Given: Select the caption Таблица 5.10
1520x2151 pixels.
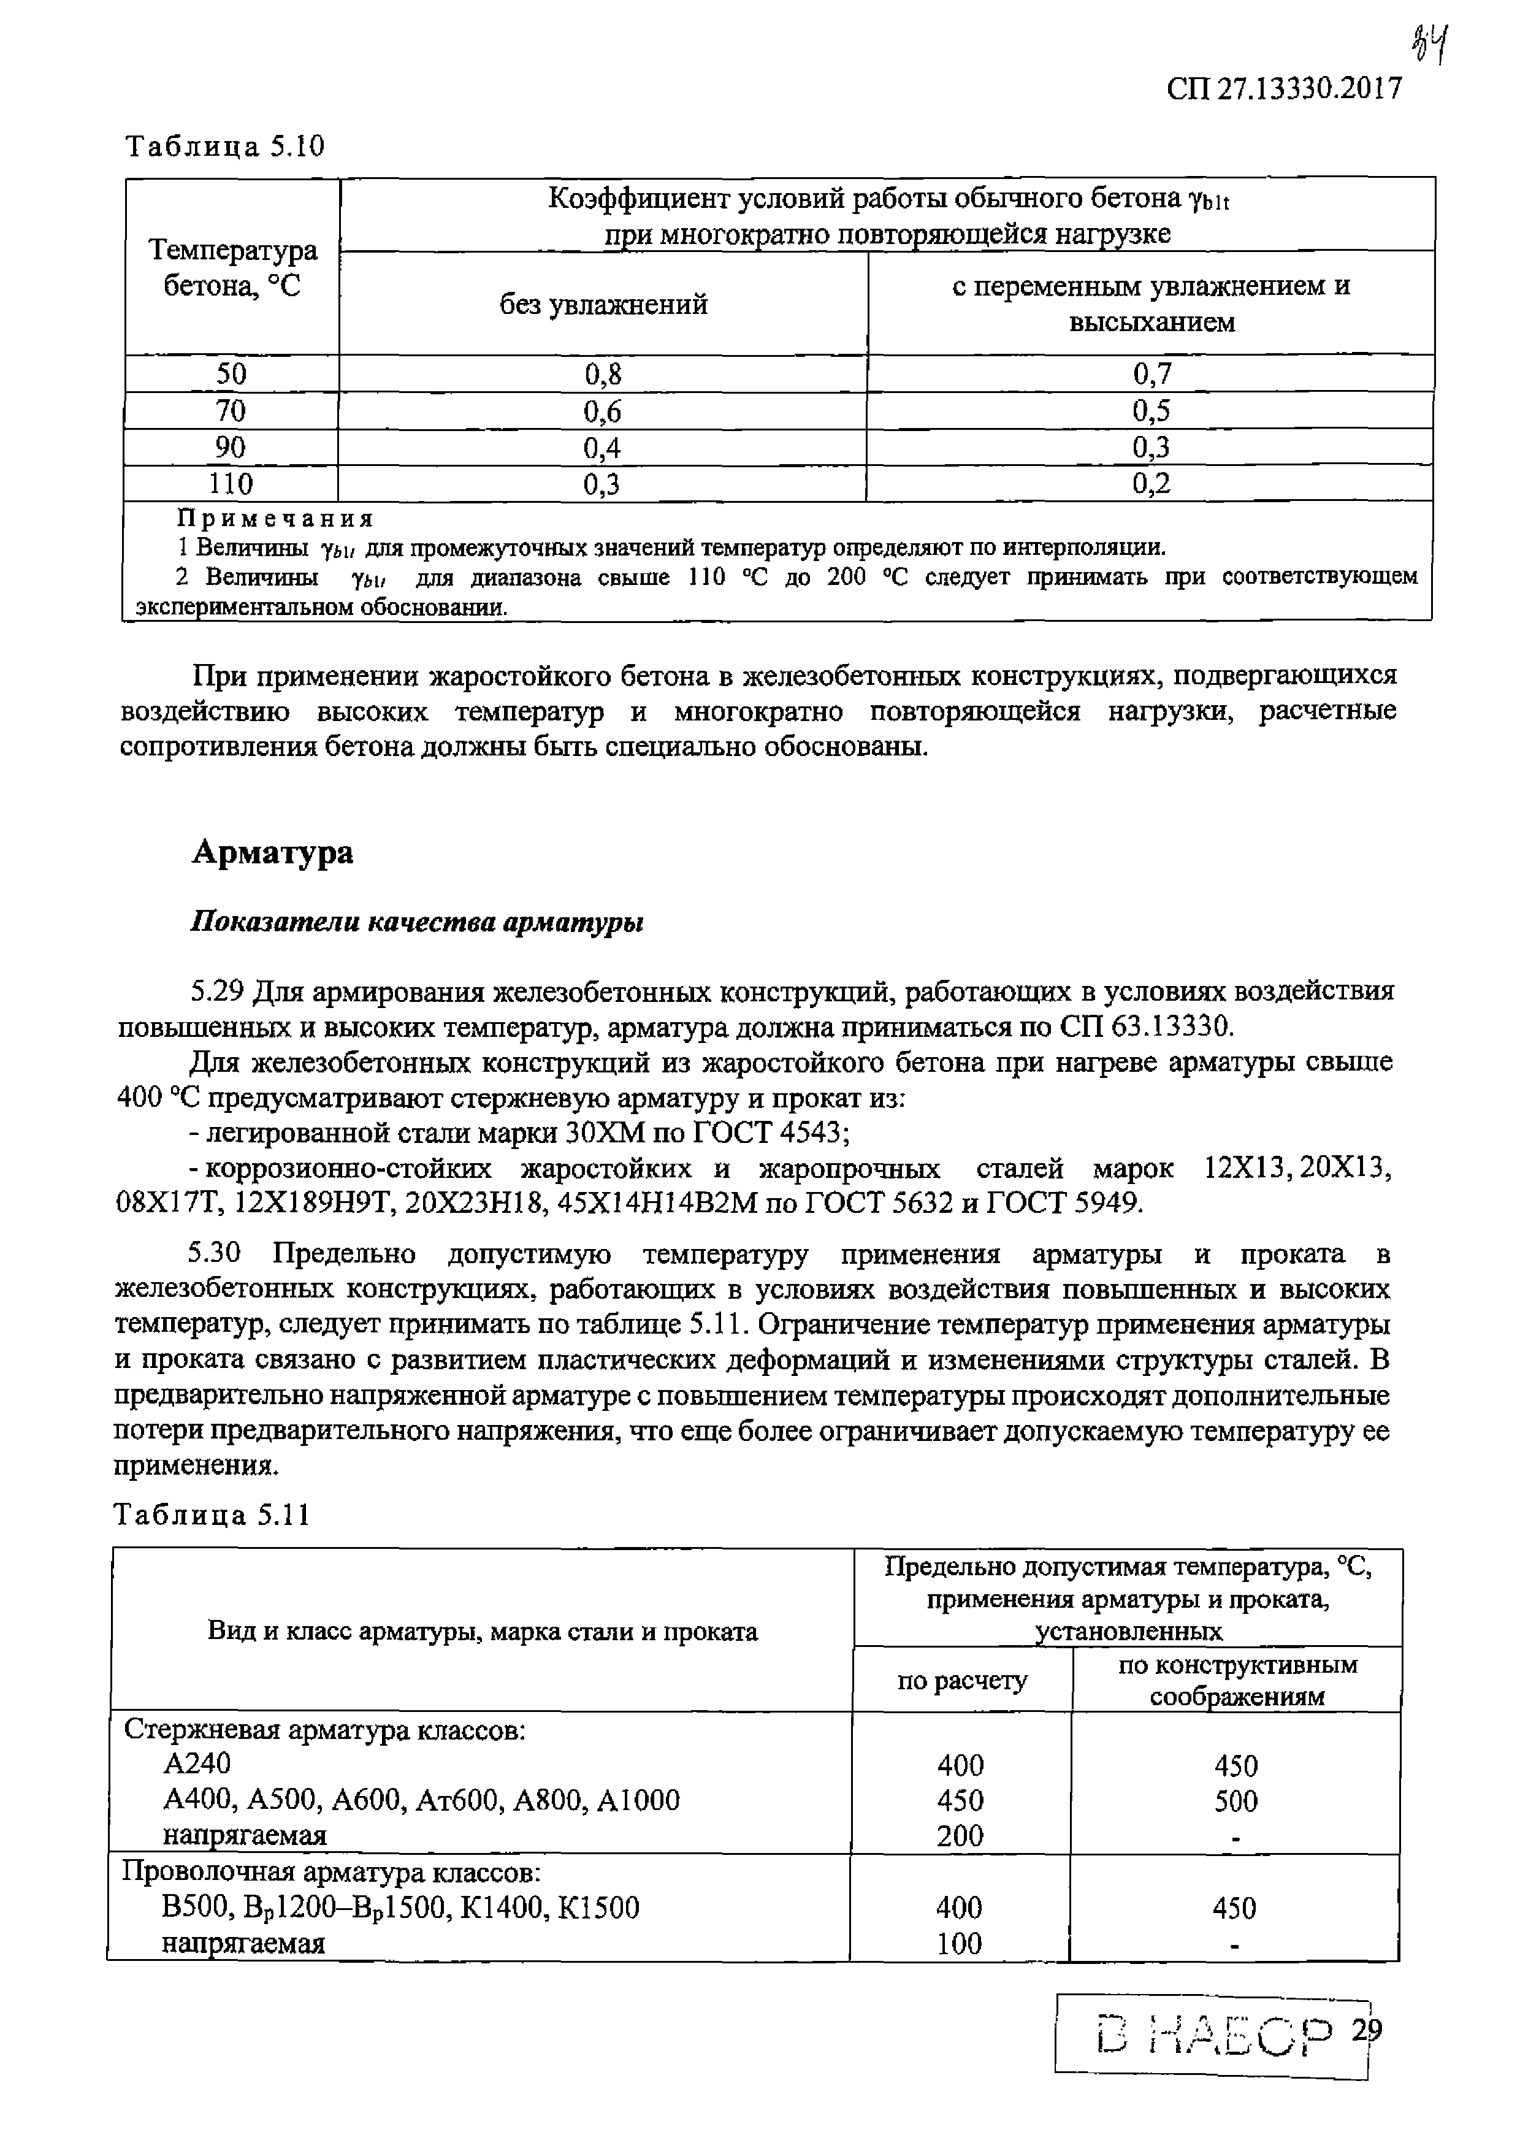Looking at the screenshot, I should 225,146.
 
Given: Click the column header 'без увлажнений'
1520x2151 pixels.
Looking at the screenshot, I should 603,305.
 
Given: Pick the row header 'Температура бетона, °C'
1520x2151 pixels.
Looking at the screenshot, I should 232,268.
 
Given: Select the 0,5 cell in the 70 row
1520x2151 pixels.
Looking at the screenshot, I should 1151,411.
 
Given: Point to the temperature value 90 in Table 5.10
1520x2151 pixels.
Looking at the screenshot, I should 231,448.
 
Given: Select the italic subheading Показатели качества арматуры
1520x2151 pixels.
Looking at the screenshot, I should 417,923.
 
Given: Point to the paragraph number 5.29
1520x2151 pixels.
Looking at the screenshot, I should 217,991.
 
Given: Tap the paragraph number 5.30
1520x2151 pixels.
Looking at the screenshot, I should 215,1253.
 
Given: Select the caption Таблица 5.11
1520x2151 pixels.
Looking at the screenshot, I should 212,1516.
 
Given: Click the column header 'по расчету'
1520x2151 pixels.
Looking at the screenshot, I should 962,1682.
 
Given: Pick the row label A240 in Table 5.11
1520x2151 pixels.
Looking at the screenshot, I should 197,1764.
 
